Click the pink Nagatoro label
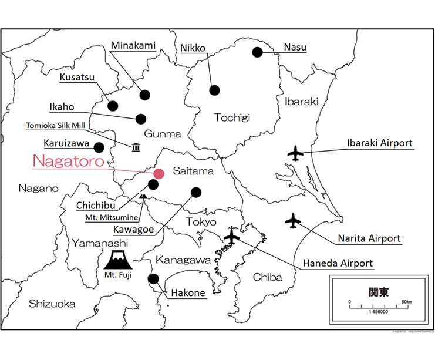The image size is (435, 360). click(x=68, y=160)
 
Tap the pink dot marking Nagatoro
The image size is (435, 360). click(x=159, y=173)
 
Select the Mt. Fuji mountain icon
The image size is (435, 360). click(x=121, y=259)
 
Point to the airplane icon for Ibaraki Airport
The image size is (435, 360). click(x=295, y=154)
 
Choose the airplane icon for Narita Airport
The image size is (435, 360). click(x=292, y=221)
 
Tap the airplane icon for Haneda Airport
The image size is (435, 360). click(x=232, y=237)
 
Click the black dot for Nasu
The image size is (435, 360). click(x=257, y=52)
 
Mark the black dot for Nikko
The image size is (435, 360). click(x=214, y=90)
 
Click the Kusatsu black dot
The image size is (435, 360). click(x=113, y=106)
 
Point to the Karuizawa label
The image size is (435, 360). click(x=65, y=143)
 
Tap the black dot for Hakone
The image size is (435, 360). click(x=153, y=278)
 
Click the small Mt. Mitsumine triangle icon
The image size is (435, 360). click(x=143, y=196)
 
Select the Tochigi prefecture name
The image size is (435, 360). click(x=232, y=117)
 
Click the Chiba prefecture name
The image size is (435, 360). click(x=267, y=277)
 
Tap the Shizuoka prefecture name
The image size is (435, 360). click(x=52, y=304)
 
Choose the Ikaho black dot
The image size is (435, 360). click(x=141, y=119)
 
